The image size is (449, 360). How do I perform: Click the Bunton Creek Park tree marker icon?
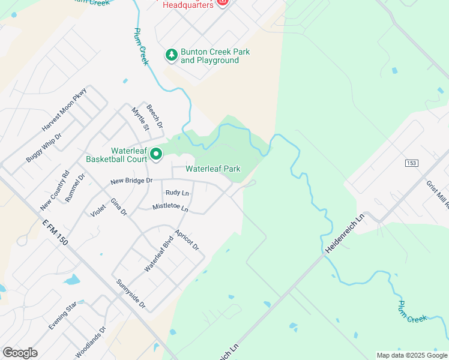[172, 55]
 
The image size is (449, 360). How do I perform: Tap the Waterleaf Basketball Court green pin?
[156, 155]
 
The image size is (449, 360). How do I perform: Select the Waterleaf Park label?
[212, 169]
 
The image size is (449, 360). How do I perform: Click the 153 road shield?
[411, 163]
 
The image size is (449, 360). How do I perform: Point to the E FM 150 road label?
[55, 232]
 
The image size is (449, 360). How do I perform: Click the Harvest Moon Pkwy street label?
[65, 110]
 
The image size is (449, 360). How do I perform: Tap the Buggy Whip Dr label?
[44, 144]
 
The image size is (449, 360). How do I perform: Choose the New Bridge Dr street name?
[131, 181]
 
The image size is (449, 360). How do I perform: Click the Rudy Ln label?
[177, 193]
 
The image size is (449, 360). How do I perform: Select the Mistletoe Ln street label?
[170, 208]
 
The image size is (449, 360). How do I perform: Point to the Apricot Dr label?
[186, 239]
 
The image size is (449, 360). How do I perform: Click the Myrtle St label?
[140, 118]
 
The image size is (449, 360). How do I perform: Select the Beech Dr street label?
[155, 115]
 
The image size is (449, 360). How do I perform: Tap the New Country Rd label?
[55, 191]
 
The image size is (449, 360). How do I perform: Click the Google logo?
[20, 353]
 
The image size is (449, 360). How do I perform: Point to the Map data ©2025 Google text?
[411, 355]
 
